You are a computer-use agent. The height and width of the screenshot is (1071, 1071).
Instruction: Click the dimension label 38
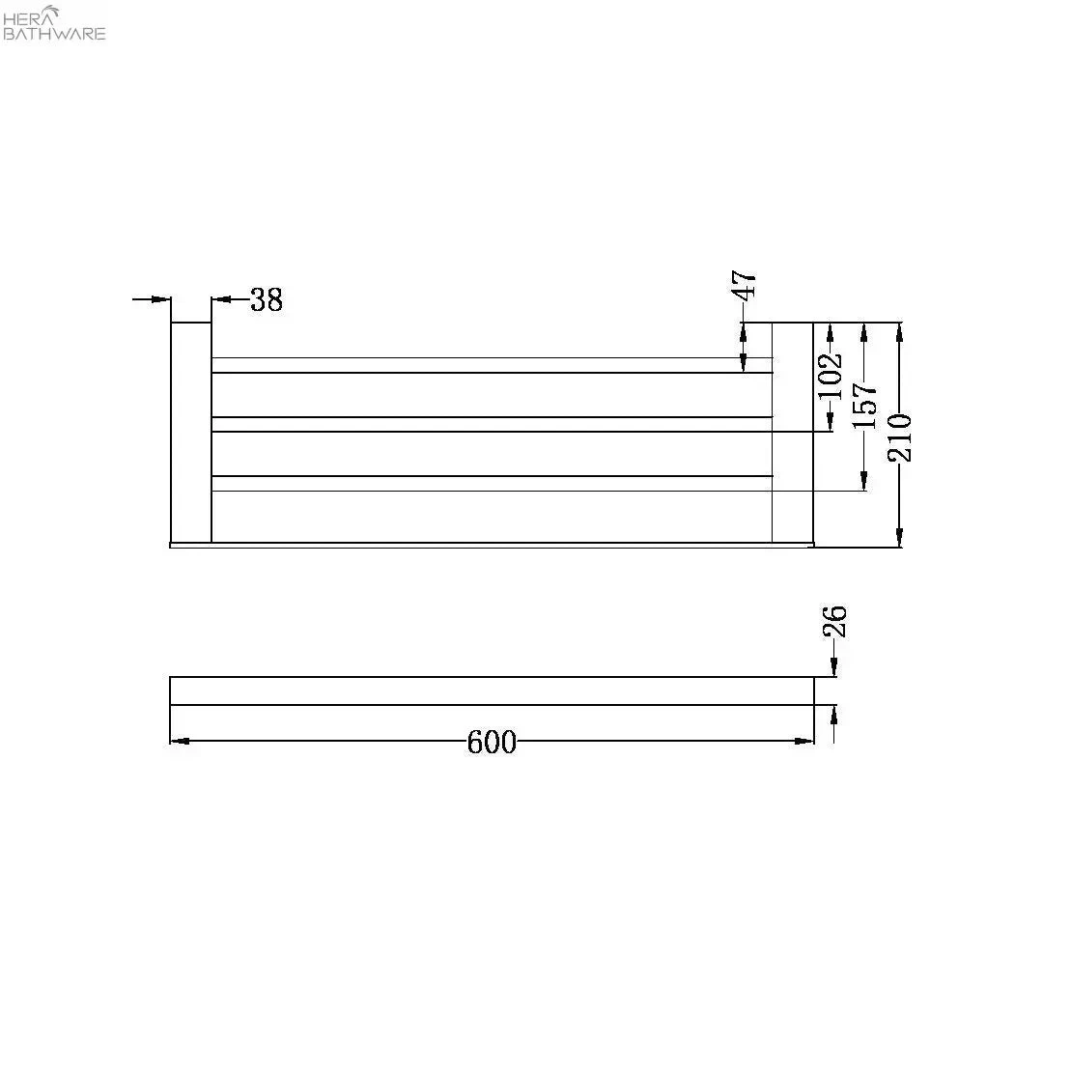[x=267, y=299]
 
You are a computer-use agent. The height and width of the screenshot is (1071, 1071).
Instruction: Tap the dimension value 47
[x=744, y=284]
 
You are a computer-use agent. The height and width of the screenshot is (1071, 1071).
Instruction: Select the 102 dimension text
[x=831, y=377]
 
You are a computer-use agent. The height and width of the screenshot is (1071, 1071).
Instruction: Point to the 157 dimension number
[x=864, y=406]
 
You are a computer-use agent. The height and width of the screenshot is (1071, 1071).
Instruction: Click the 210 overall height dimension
[x=899, y=437]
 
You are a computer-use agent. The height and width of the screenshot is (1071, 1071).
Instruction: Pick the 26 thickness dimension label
[x=834, y=621]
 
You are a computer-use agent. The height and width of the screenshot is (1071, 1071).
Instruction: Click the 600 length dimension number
[x=492, y=742]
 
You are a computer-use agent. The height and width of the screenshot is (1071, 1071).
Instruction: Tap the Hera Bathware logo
[x=54, y=22]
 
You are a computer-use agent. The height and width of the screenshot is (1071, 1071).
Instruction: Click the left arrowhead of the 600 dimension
[x=179, y=741]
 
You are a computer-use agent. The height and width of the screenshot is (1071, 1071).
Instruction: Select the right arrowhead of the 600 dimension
[x=804, y=741]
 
